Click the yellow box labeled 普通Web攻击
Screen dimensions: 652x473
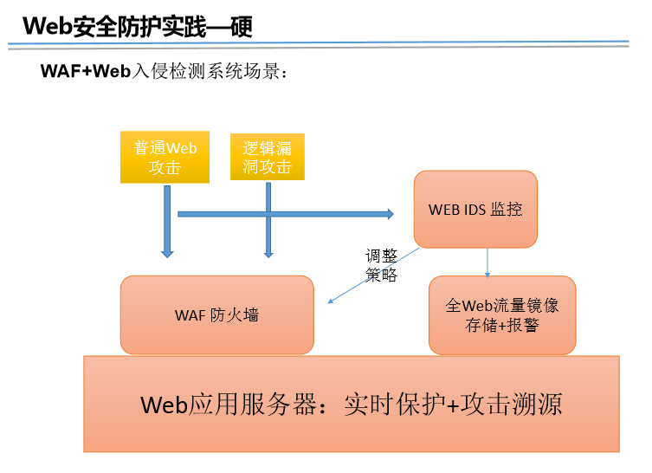tap(165, 158)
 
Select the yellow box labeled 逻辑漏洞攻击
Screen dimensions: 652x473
tap(268, 157)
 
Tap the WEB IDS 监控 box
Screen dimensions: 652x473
tap(475, 210)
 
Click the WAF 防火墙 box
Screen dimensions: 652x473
tap(217, 315)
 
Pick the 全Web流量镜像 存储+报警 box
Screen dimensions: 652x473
tap(502, 315)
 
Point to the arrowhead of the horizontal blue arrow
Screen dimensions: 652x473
tap(391, 214)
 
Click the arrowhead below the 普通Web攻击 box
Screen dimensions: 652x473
tap(167, 254)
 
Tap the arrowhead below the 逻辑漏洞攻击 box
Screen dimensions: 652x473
tap(268, 254)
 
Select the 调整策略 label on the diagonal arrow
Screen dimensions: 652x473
tap(381, 265)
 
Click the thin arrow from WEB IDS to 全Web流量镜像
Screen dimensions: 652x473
tap(487, 262)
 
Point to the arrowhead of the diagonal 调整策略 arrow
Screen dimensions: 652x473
tap(330, 301)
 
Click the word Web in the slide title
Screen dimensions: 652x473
tap(48, 26)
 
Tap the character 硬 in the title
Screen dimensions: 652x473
tap(242, 27)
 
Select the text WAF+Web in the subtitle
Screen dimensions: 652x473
tap(86, 71)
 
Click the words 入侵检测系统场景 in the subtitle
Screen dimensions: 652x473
tap(206, 71)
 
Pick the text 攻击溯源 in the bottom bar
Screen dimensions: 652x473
tap(512, 404)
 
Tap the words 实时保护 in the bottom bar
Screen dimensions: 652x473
tap(395, 404)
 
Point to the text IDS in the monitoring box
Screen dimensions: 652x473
tap(474, 210)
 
